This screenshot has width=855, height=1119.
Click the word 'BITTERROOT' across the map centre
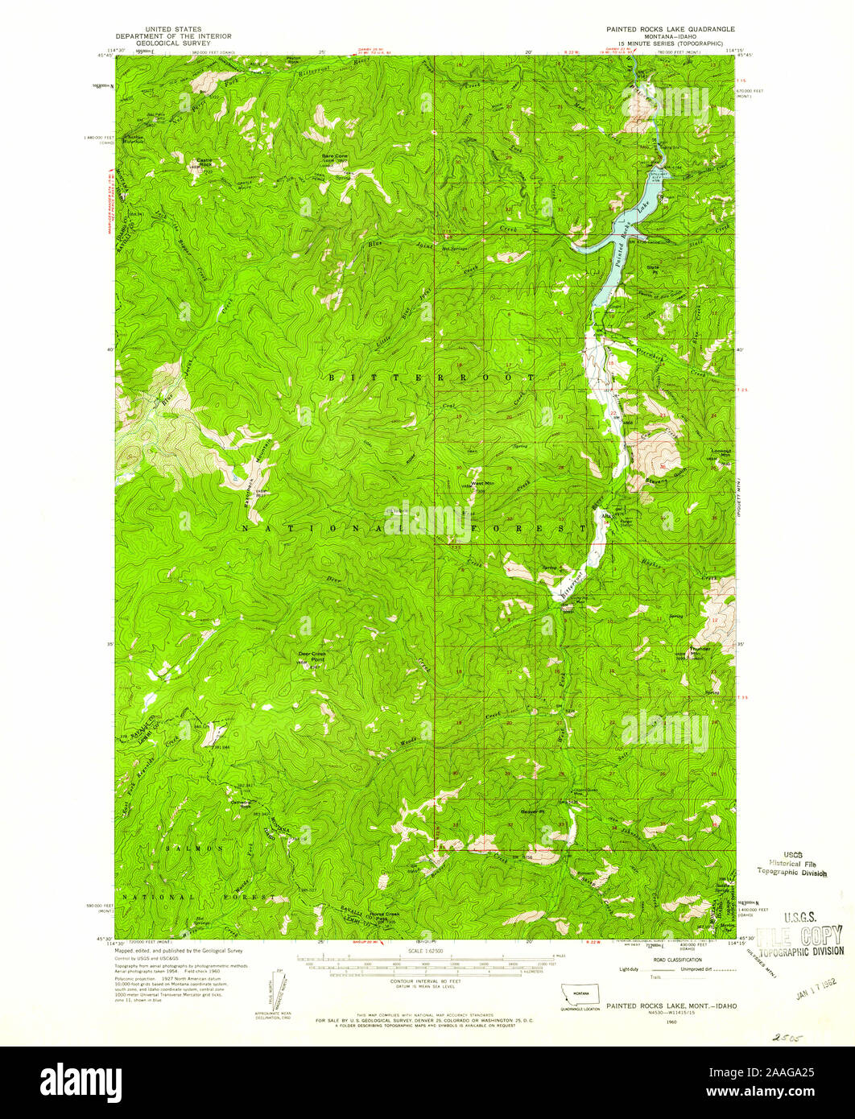[x=431, y=377]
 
